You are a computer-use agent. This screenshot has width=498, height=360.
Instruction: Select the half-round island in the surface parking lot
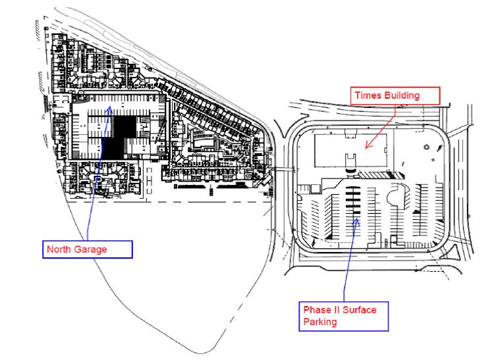398,197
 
